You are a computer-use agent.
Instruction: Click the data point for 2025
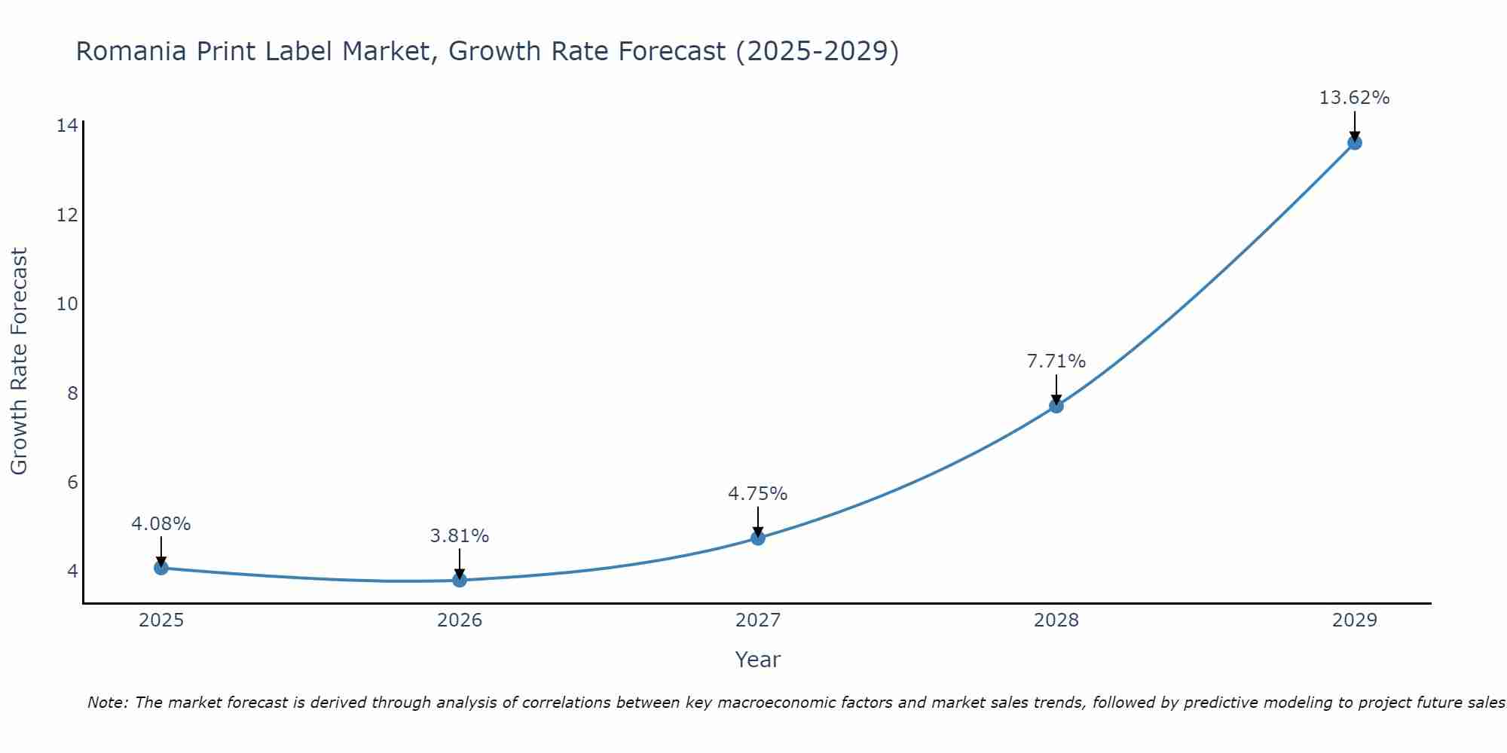tap(161, 568)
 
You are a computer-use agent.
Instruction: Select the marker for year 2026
tap(460, 580)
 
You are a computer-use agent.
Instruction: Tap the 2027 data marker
tap(758, 538)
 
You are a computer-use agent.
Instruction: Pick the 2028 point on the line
tap(1056, 406)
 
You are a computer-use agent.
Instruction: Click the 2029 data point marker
tap(1354, 142)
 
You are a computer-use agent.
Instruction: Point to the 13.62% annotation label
tap(1354, 98)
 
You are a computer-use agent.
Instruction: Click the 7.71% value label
tap(1056, 361)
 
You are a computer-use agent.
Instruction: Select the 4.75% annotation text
tap(757, 494)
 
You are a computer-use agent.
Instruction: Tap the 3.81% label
tap(460, 536)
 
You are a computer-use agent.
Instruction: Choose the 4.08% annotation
tap(161, 524)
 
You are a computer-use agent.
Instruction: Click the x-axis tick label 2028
tap(1056, 620)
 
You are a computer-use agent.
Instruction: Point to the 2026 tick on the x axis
tap(460, 620)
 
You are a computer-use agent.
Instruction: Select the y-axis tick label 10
tap(67, 304)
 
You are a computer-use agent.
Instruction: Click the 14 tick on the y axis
tap(67, 126)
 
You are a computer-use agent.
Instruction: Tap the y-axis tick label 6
tap(72, 482)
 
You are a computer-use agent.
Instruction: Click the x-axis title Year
tap(757, 660)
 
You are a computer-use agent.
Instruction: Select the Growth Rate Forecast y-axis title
tap(19, 361)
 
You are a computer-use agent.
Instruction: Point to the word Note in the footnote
tap(108, 703)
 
